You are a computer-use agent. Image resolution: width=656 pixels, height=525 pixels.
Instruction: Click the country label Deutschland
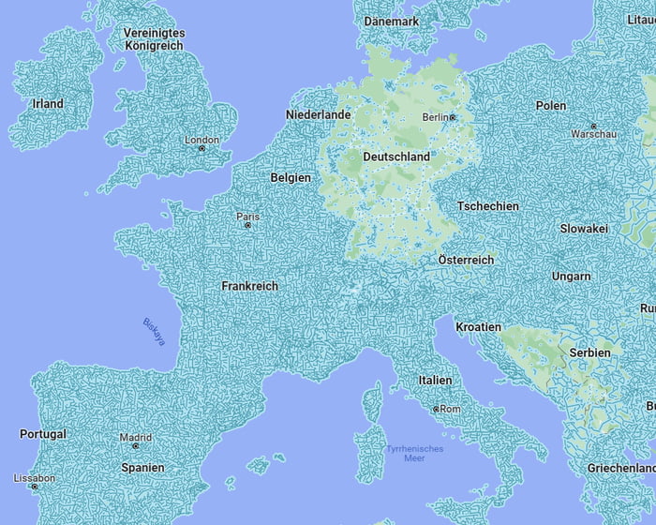coord(396,157)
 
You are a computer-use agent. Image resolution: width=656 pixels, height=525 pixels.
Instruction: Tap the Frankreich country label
coord(249,286)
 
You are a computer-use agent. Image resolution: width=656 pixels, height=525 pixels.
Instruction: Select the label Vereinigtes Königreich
coord(155,39)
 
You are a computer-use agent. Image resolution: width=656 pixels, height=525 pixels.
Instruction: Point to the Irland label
coord(48,104)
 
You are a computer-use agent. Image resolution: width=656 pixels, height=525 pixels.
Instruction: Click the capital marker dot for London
coord(201,149)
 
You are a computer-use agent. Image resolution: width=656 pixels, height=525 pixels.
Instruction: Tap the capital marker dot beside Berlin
coord(453,117)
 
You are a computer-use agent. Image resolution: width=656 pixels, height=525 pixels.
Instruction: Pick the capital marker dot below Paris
coord(247,225)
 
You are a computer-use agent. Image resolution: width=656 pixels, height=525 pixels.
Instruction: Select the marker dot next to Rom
coord(436,410)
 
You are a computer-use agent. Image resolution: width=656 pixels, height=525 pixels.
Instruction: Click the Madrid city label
coord(135,437)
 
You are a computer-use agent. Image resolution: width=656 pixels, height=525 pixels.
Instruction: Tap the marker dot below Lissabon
coord(35,487)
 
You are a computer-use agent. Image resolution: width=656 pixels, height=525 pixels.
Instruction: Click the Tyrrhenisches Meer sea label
coord(414,454)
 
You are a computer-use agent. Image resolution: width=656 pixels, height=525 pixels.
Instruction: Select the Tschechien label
coord(488,206)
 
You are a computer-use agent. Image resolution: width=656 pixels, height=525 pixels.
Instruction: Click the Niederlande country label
coord(318,115)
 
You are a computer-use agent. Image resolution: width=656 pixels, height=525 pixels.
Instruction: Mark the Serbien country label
coord(589,352)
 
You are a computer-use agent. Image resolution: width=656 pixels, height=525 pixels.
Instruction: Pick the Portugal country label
coord(43,435)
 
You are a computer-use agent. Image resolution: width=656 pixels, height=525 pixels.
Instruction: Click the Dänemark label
coord(391,22)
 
